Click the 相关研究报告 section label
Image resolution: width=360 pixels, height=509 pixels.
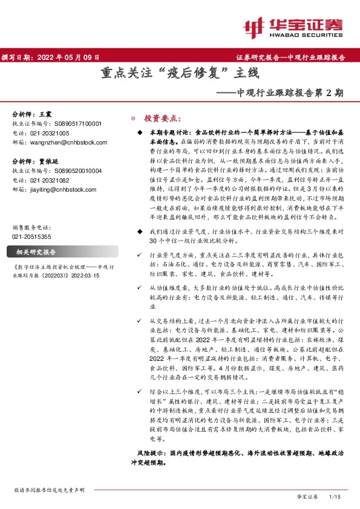[36, 235]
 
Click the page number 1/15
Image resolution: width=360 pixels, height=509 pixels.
[334, 496]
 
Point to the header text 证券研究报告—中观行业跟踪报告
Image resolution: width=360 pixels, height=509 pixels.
[289, 57]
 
